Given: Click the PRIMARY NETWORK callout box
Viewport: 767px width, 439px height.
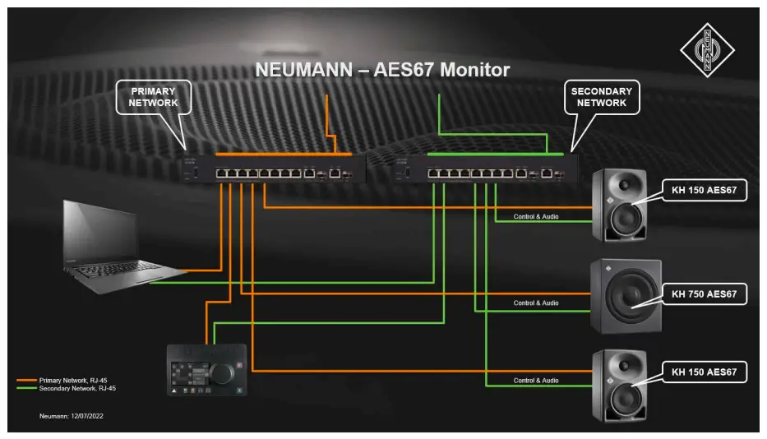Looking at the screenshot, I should [153, 96].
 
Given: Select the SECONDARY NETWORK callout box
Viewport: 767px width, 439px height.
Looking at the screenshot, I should [601, 97].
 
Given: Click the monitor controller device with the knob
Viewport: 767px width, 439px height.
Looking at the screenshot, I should [206, 370].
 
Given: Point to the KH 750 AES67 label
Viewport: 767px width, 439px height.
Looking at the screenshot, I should [704, 293].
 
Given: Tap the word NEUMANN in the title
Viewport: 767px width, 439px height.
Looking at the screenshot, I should [301, 70].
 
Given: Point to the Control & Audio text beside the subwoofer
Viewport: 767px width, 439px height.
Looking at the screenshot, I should [536, 303].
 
